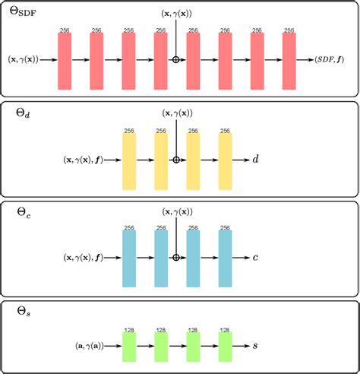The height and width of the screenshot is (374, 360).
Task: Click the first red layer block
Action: (65, 61)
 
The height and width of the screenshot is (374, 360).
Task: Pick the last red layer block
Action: (289, 61)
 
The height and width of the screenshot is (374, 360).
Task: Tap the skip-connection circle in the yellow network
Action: (176, 160)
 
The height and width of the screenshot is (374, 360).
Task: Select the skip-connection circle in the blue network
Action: (176, 258)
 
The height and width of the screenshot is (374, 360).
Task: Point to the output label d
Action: (255, 160)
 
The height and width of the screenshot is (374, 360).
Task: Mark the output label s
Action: (255, 346)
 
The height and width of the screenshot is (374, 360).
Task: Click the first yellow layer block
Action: (128, 160)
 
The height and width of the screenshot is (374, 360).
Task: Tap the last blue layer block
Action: (225, 258)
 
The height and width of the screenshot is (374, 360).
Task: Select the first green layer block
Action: (128, 346)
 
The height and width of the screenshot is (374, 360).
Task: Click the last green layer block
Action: (225, 346)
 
